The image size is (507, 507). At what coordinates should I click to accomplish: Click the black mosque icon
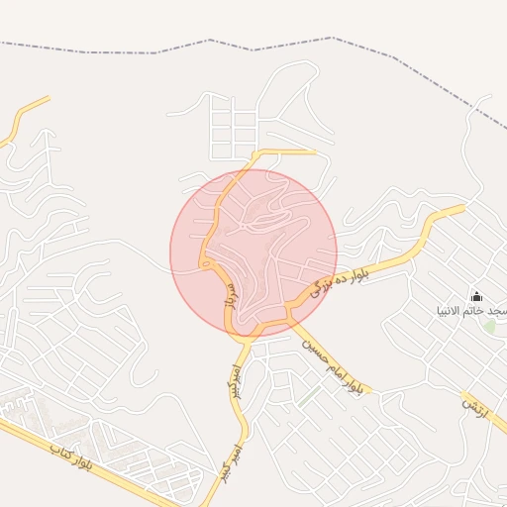476,296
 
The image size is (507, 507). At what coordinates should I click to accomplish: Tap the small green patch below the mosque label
489,326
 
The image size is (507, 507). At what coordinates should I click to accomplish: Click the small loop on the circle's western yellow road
205,263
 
